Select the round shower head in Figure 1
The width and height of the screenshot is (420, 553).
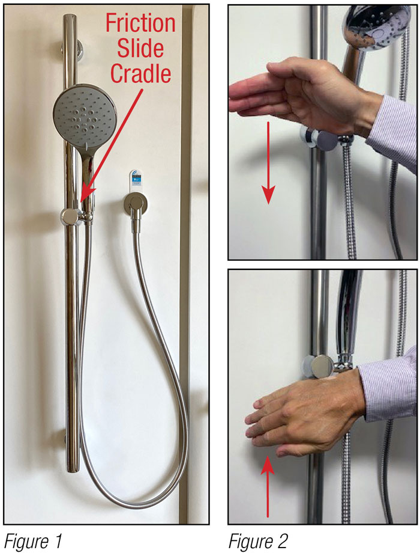tap(83, 114)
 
